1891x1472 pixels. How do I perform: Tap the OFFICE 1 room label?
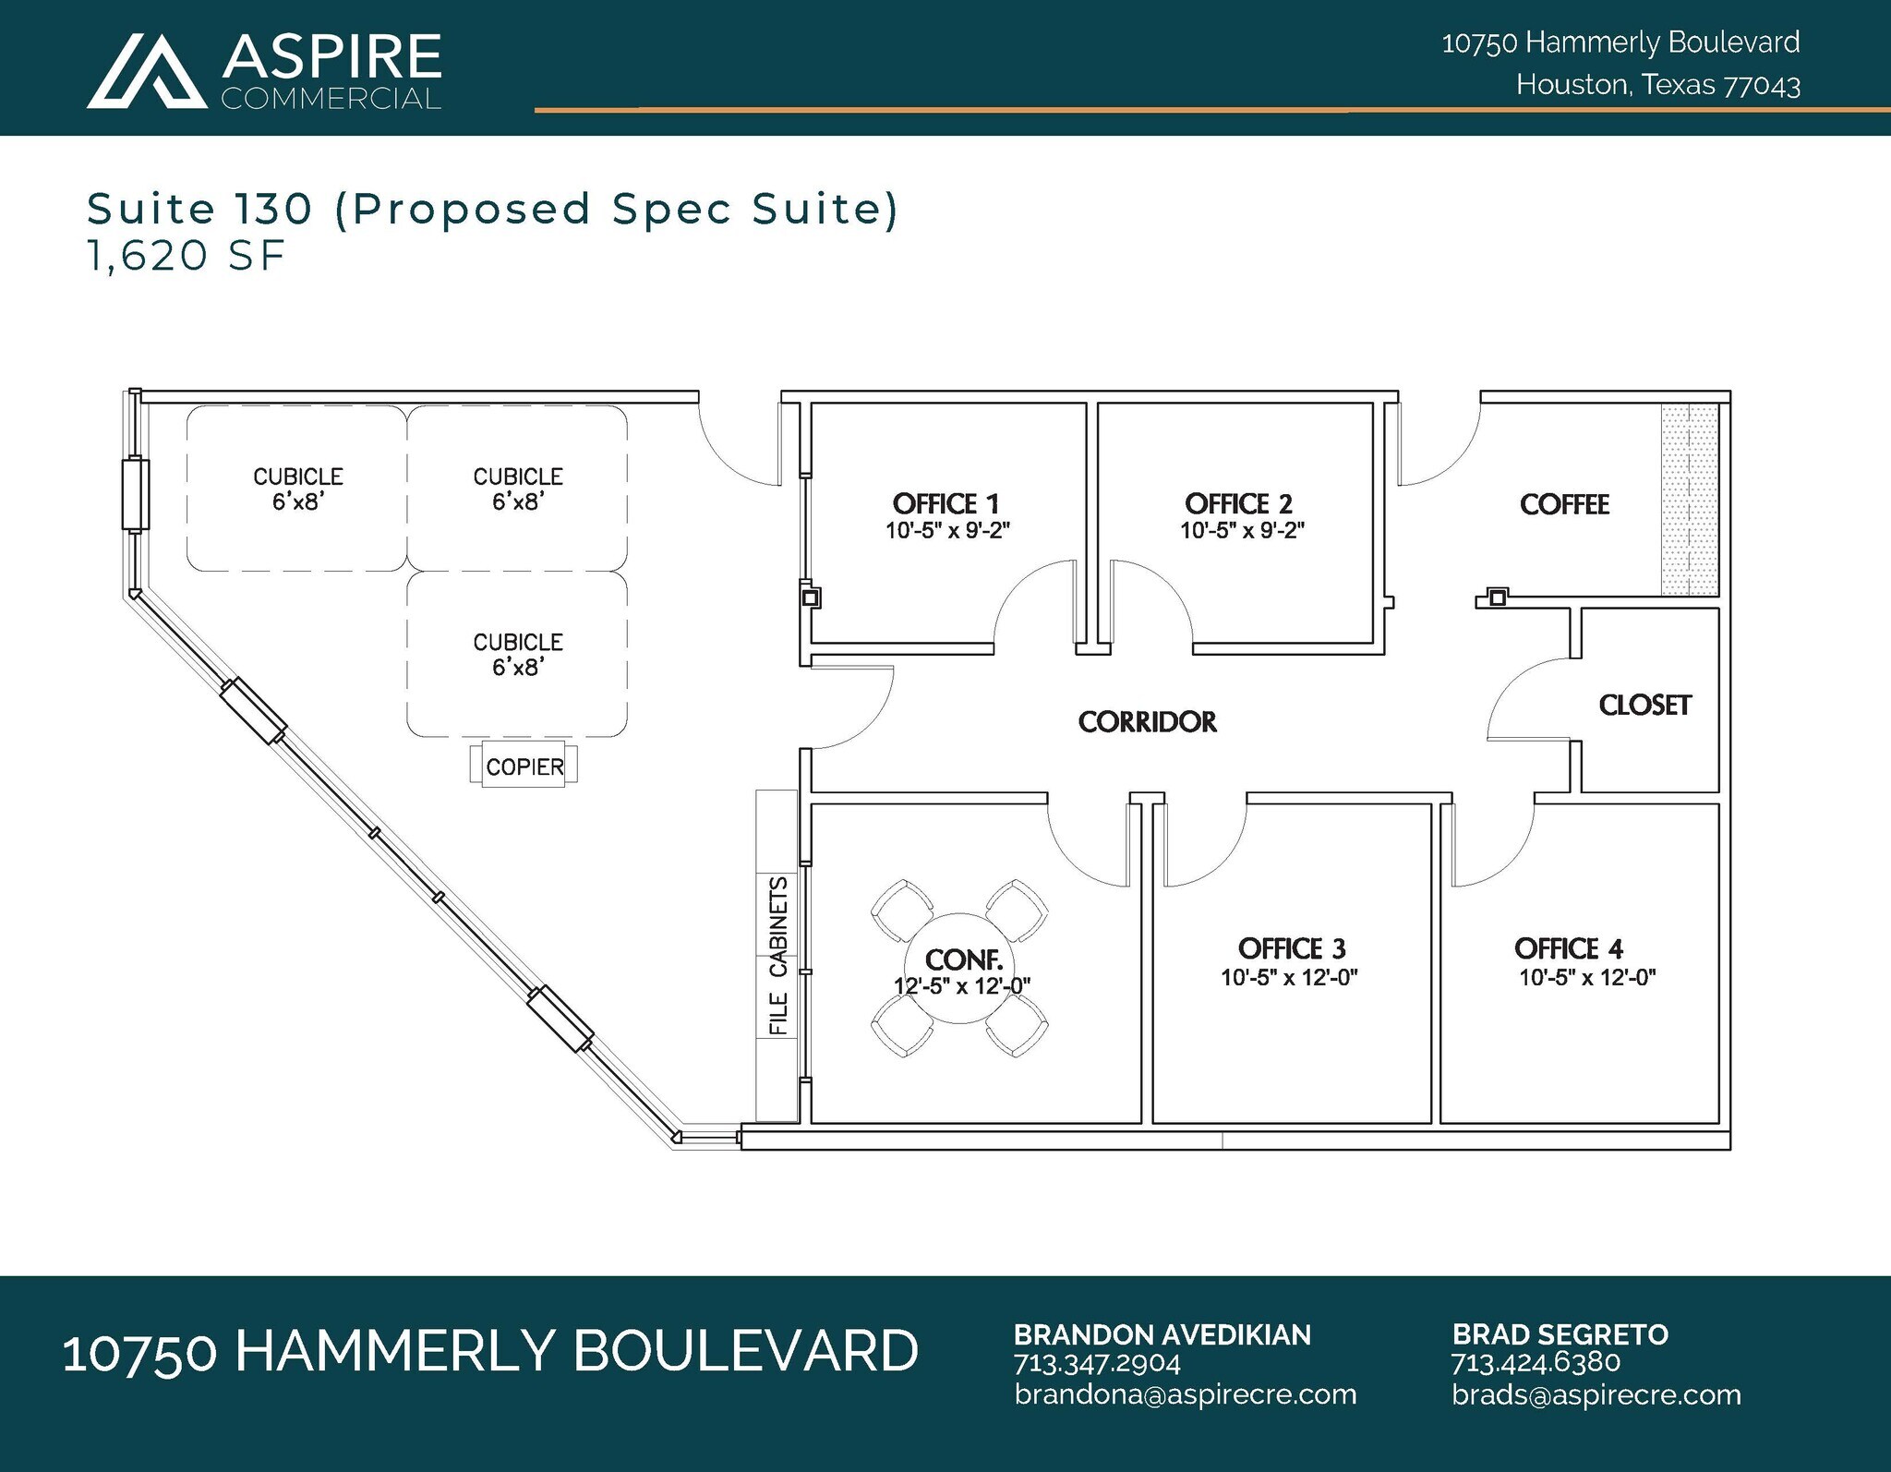[945, 503]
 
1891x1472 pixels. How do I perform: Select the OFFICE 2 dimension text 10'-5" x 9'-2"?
[1242, 531]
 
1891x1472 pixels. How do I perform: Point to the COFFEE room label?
[1564, 504]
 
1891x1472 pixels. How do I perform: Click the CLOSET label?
[1644, 706]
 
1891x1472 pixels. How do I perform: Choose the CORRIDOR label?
[1147, 721]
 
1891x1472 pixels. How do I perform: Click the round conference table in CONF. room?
[960, 968]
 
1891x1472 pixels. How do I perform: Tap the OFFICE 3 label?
[1291, 948]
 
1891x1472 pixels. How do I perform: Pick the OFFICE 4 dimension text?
[1587, 977]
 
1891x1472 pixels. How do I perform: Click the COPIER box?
[524, 766]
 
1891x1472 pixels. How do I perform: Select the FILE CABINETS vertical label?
[778, 956]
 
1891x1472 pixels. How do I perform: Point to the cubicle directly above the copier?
[517, 654]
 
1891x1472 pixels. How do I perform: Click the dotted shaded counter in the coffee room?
[1690, 500]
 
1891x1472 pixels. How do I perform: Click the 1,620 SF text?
[186, 255]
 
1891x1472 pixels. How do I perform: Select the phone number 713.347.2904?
[1096, 1364]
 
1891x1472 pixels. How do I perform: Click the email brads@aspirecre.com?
[1596, 1394]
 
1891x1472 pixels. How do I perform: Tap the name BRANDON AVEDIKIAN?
[1162, 1334]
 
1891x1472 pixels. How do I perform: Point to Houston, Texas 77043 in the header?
[1657, 85]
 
